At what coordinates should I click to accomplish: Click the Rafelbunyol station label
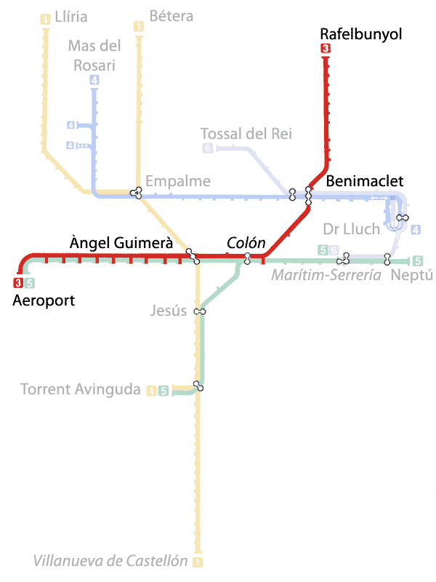click(x=361, y=34)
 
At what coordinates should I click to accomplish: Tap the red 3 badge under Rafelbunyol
click(x=325, y=49)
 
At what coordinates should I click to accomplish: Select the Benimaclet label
click(x=364, y=180)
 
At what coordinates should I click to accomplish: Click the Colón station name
click(x=246, y=243)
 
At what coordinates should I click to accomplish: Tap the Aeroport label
click(x=44, y=300)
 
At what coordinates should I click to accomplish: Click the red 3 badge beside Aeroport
click(x=18, y=283)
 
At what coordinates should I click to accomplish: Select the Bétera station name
click(x=171, y=15)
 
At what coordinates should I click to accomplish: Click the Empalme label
click(x=178, y=181)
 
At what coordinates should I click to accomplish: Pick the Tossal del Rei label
click(x=246, y=133)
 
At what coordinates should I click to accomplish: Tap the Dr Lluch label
click(x=352, y=229)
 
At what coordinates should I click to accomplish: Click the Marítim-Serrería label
click(x=326, y=275)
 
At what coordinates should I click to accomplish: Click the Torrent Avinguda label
click(x=80, y=389)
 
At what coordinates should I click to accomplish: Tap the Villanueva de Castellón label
click(x=110, y=561)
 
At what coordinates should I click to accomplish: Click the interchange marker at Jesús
click(x=200, y=312)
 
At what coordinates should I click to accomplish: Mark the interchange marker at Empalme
click(x=136, y=193)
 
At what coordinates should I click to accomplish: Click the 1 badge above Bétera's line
click(x=139, y=27)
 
